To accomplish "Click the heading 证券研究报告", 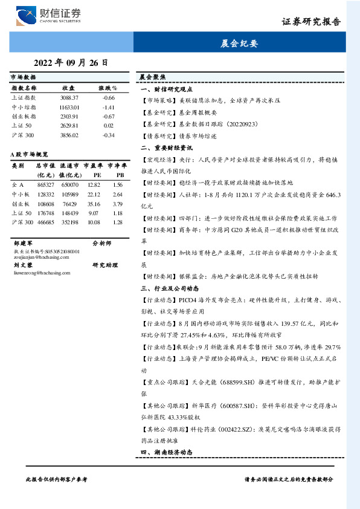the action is pyautogui.click(x=311, y=21).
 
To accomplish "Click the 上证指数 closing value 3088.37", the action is pyautogui.click(x=69, y=97).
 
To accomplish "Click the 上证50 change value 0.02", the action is pyautogui.click(x=109, y=125).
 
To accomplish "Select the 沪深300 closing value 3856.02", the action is pyautogui.click(x=69, y=135).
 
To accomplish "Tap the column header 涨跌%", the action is pyautogui.click(x=108, y=88).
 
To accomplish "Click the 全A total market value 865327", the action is pyautogui.click(x=45, y=184).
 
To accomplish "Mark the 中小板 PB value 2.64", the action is pyautogui.click(x=118, y=194).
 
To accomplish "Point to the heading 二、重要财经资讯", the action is pyautogui.click(x=167, y=147).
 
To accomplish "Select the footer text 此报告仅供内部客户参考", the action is pyautogui.click(x=57, y=478).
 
